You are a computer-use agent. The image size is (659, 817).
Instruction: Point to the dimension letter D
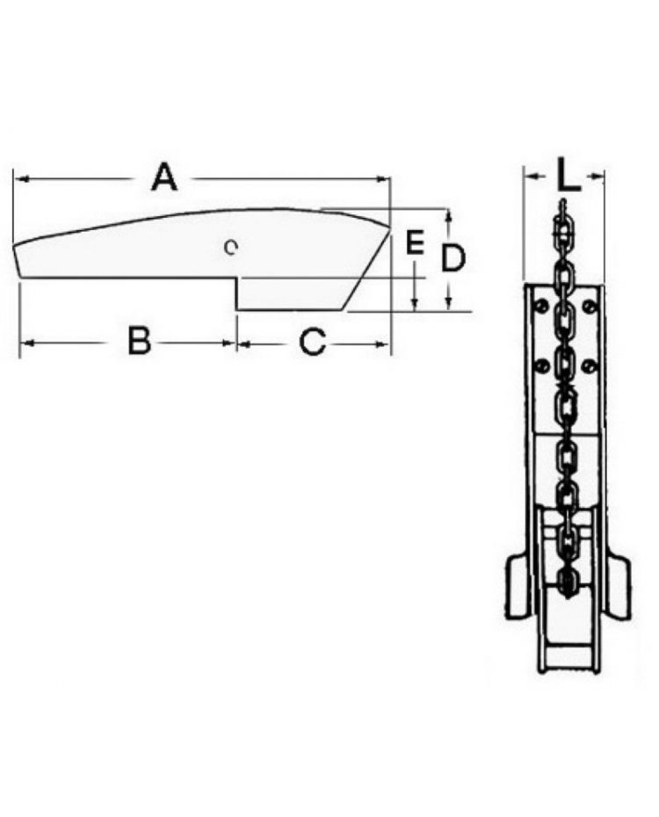pos(453,258)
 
